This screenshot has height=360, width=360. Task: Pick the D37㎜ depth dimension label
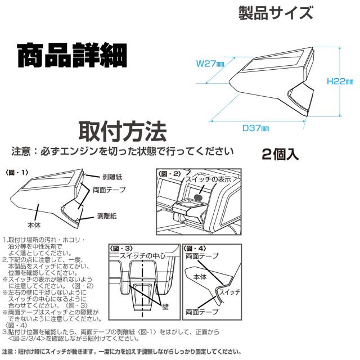click(x=255, y=128)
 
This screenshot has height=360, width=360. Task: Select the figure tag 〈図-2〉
click(x=169, y=173)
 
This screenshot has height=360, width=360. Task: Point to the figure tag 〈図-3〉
click(x=120, y=247)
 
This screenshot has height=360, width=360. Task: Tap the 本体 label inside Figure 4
click(x=200, y=278)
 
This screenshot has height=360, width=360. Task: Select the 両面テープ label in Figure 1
click(x=107, y=190)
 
